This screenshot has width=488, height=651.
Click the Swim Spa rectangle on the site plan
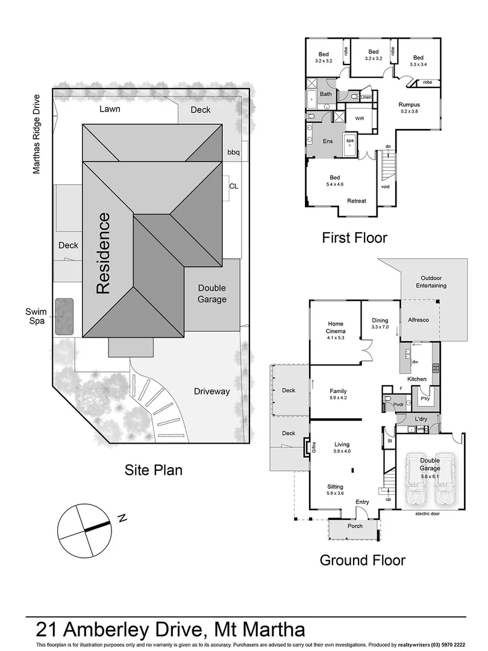click(x=64, y=316)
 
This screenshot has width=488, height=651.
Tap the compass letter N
click(x=122, y=517)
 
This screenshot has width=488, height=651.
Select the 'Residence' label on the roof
click(x=103, y=253)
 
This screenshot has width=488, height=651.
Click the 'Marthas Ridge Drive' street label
click(x=37, y=134)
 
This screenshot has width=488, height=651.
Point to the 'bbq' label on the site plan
click(x=233, y=153)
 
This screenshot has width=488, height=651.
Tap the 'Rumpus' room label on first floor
click(x=409, y=105)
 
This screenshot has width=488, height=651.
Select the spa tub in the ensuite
click(x=349, y=145)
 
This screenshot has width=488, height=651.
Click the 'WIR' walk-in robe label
click(x=360, y=119)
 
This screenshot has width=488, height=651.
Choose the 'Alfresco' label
click(x=418, y=319)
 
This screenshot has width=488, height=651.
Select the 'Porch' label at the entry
click(x=355, y=525)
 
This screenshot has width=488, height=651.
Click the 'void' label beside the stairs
click(x=386, y=187)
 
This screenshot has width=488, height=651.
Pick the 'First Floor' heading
click(x=354, y=237)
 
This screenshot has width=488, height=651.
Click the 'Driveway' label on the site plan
click(x=212, y=391)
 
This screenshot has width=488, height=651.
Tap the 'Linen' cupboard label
click(x=366, y=97)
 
